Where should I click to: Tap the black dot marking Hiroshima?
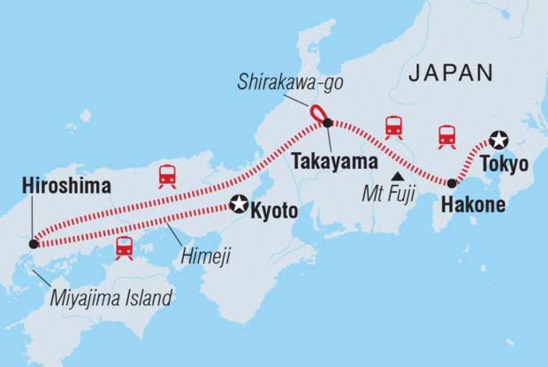pyautogui.click(x=33, y=243)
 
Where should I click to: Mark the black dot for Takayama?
pyautogui.click(x=328, y=123)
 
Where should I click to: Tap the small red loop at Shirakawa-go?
pyautogui.click(x=318, y=115)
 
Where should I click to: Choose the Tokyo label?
pyautogui.click(x=504, y=164)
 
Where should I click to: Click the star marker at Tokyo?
pyautogui.click(x=499, y=138)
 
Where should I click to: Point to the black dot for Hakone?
pyautogui.click(x=452, y=184)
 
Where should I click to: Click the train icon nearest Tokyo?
pyautogui.click(x=447, y=135)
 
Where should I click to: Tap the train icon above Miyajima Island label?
pyautogui.click(x=124, y=247)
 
